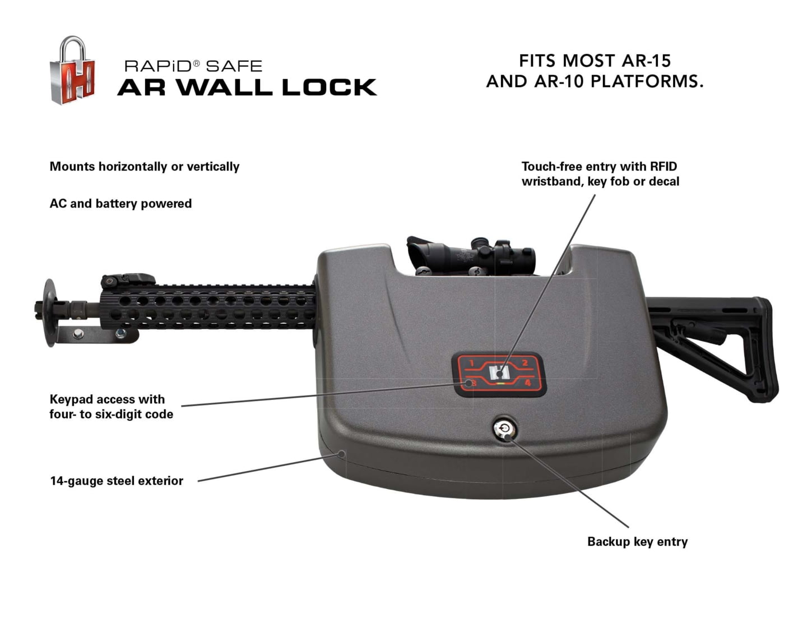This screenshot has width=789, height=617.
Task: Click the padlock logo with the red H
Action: click(x=72, y=70)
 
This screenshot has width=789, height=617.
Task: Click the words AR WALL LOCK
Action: click(x=247, y=87)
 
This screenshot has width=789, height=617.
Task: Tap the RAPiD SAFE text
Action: click(x=193, y=66)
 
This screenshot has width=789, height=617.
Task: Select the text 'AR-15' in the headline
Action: click(x=646, y=61)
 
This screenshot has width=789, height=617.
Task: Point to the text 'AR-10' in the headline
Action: click(x=559, y=81)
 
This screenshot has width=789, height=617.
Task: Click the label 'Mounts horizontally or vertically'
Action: click(x=145, y=167)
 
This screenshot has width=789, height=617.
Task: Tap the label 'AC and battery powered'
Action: click(x=120, y=204)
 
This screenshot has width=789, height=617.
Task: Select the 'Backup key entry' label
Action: click(x=637, y=541)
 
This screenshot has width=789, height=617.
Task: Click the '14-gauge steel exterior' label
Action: click(x=117, y=481)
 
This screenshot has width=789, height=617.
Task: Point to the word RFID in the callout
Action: click(x=663, y=167)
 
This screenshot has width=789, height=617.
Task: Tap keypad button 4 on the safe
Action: click(x=527, y=383)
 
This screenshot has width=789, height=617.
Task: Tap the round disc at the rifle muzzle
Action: click(x=50, y=312)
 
